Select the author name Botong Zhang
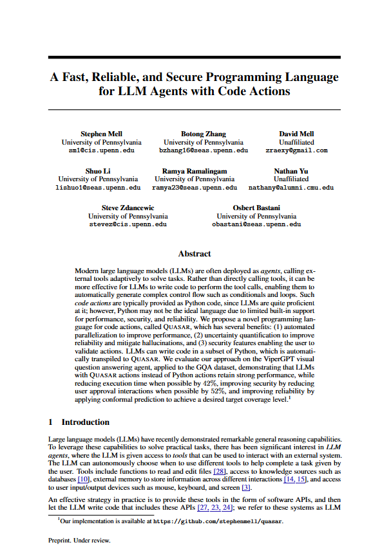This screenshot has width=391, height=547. [203, 134]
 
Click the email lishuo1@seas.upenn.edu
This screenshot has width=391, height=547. [97, 188]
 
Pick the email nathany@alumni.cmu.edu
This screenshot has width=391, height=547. [291, 188]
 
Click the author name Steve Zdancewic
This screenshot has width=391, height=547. [128, 208]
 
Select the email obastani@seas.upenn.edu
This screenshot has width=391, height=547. [256, 225]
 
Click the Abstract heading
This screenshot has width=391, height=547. [195, 254]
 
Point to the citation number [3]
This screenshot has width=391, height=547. [245, 488]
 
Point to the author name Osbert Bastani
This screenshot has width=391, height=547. [256, 208]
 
